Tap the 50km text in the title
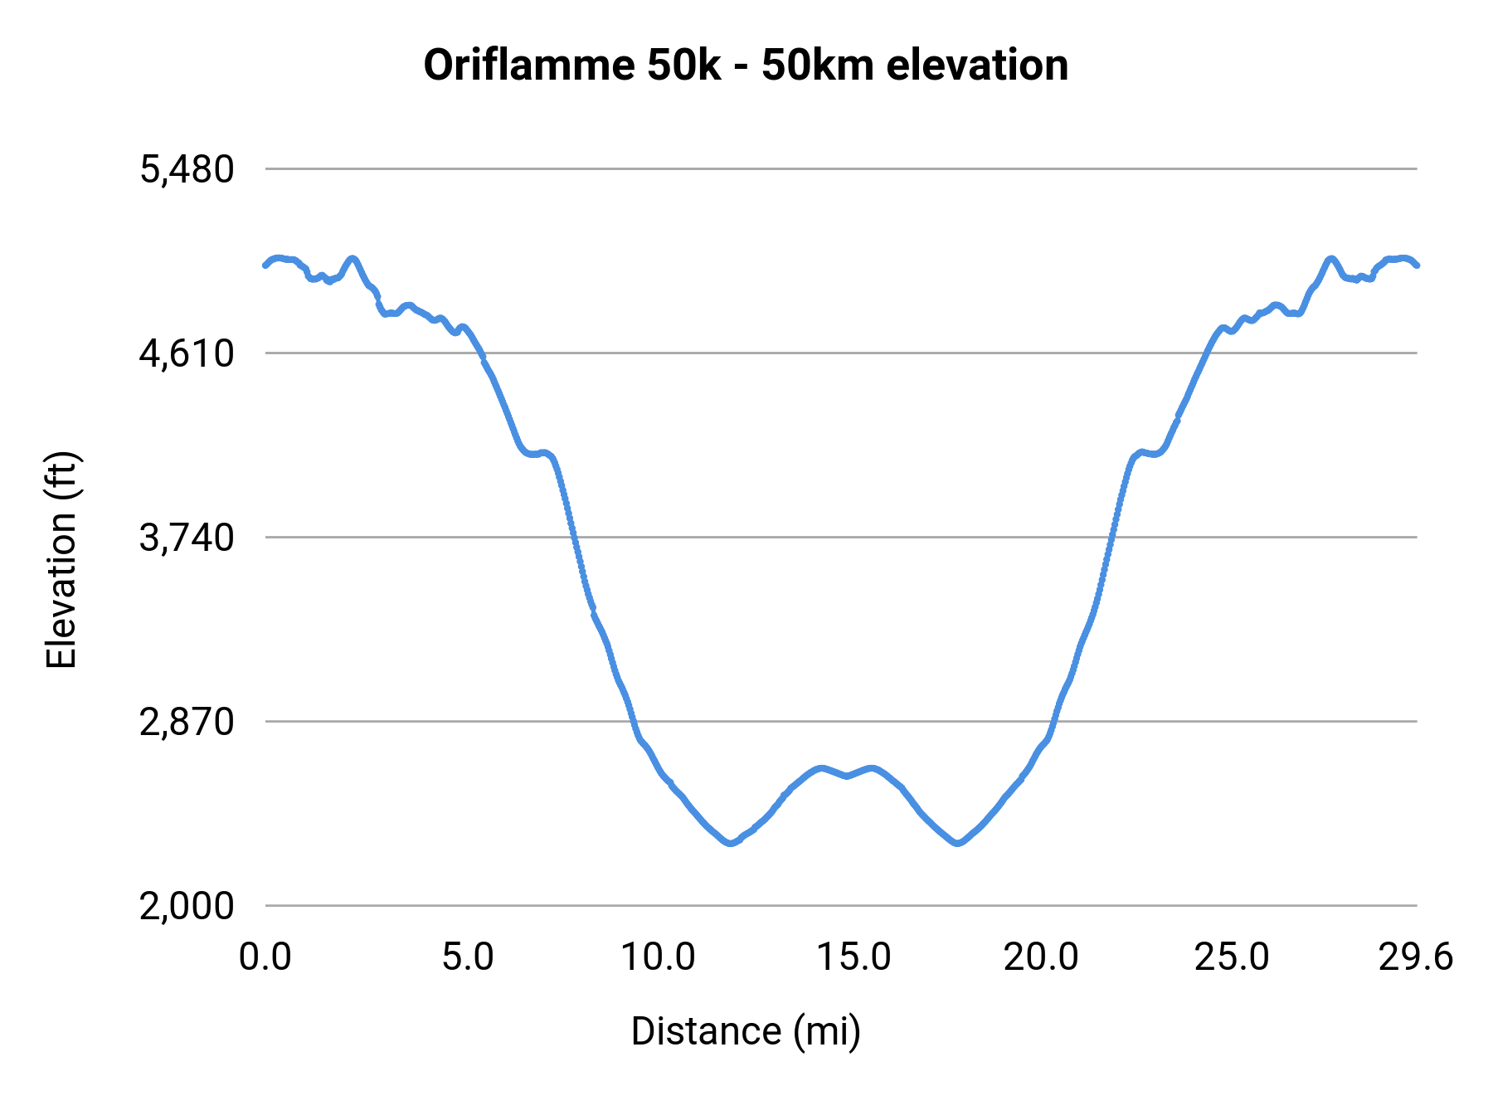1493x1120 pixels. pos(818,65)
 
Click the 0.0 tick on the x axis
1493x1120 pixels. pos(265,957)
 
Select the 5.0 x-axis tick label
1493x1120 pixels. pos(468,957)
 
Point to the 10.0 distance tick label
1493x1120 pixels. pos(658,957)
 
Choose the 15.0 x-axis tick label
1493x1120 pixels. pos(853,957)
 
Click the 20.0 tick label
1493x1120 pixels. pos(1042,957)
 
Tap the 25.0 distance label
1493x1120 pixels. pos(1232,957)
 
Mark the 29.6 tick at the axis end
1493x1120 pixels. pos(1416,957)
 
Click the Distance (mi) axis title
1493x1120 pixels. pos(746,1031)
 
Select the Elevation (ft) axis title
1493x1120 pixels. pos(61,561)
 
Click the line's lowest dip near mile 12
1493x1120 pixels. pos(730,843)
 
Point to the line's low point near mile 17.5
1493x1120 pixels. pos(958,843)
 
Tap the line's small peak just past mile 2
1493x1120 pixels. pos(353,258)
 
